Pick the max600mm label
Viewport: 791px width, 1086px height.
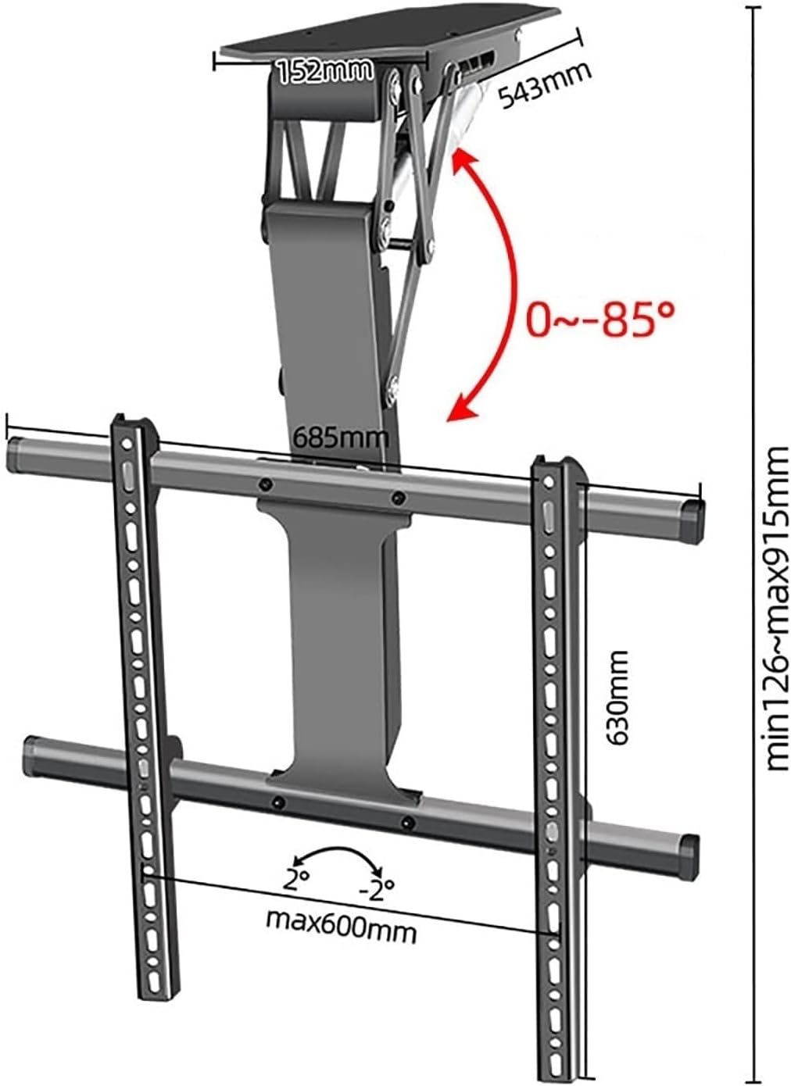(x=341, y=930)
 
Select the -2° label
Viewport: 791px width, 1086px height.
(x=378, y=888)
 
